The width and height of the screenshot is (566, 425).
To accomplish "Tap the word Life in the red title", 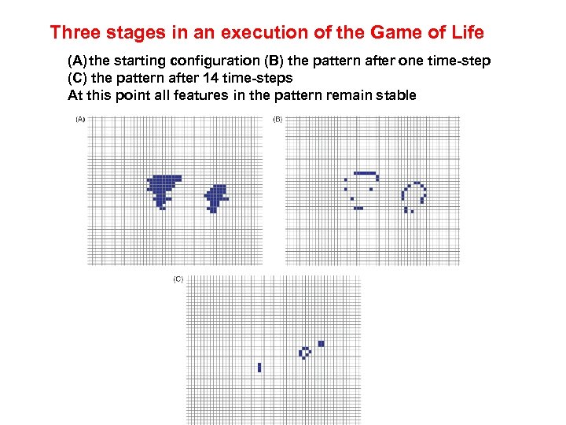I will tap(465, 33).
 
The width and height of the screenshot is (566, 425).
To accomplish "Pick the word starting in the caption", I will tap(141, 61).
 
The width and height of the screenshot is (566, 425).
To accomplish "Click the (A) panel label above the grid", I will tap(79, 120).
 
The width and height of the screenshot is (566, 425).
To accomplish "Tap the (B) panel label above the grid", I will tap(277, 120).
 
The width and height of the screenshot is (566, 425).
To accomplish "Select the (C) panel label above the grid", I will tap(178, 279).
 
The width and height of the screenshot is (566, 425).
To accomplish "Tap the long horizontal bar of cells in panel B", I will tap(366, 173).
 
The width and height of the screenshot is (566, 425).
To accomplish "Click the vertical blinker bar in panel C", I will tap(259, 368).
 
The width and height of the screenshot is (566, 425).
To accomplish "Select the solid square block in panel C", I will tap(321, 344).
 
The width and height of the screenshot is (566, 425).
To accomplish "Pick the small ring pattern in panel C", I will tap(305, 353).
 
